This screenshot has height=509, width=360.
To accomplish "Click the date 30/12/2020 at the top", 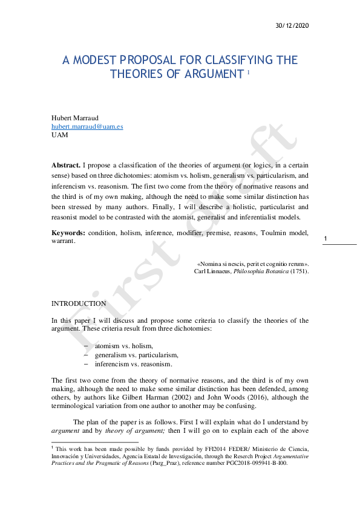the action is (x=292, y=25).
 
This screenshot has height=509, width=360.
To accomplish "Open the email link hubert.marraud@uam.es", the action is (x=87, y=126).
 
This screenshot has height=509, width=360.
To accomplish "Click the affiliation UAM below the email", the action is (x=60, y=135).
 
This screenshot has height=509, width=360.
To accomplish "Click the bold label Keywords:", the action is (x=68, y=233).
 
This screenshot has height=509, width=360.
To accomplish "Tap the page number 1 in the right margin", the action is (x=326, y=239).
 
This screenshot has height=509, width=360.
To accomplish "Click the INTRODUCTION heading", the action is (x=79, y=303).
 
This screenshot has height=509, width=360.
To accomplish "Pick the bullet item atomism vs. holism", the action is (x=124, y=346).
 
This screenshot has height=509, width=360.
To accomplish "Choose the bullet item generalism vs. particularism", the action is (x=136, y=355).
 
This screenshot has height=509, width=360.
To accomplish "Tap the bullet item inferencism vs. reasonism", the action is (x=133, y=364).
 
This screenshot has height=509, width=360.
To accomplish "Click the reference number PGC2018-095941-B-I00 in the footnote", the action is (x=252, y=462).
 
